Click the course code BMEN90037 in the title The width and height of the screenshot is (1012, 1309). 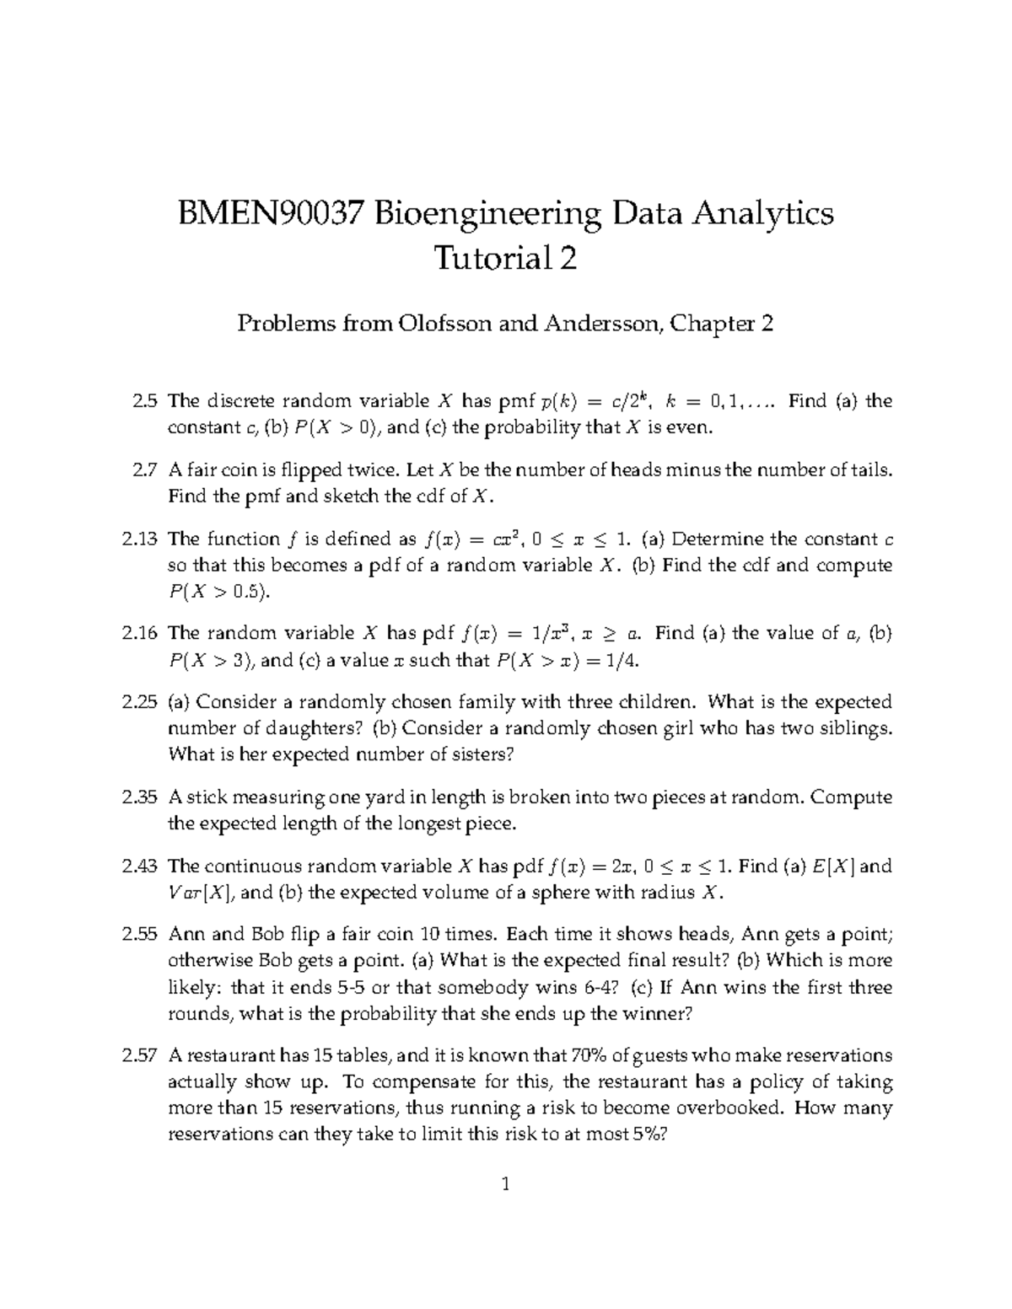[x=270, y=213]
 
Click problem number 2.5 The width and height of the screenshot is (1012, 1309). [x=145, y=401]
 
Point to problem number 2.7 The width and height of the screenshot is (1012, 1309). [x=145, y=470]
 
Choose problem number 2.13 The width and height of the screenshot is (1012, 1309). [x=142, y=539]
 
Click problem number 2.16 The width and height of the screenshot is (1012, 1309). [x=142, y=634]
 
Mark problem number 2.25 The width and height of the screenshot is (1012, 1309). [x=142, y=702]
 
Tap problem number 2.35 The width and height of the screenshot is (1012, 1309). [x=142, y=797]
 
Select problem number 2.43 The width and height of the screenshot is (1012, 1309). [x=142, y=866]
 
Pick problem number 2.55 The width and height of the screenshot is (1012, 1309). [x=142, y=934]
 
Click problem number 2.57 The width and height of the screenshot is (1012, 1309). [x=142, y=1055]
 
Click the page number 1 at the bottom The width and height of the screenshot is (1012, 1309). [x=505, y=1185]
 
